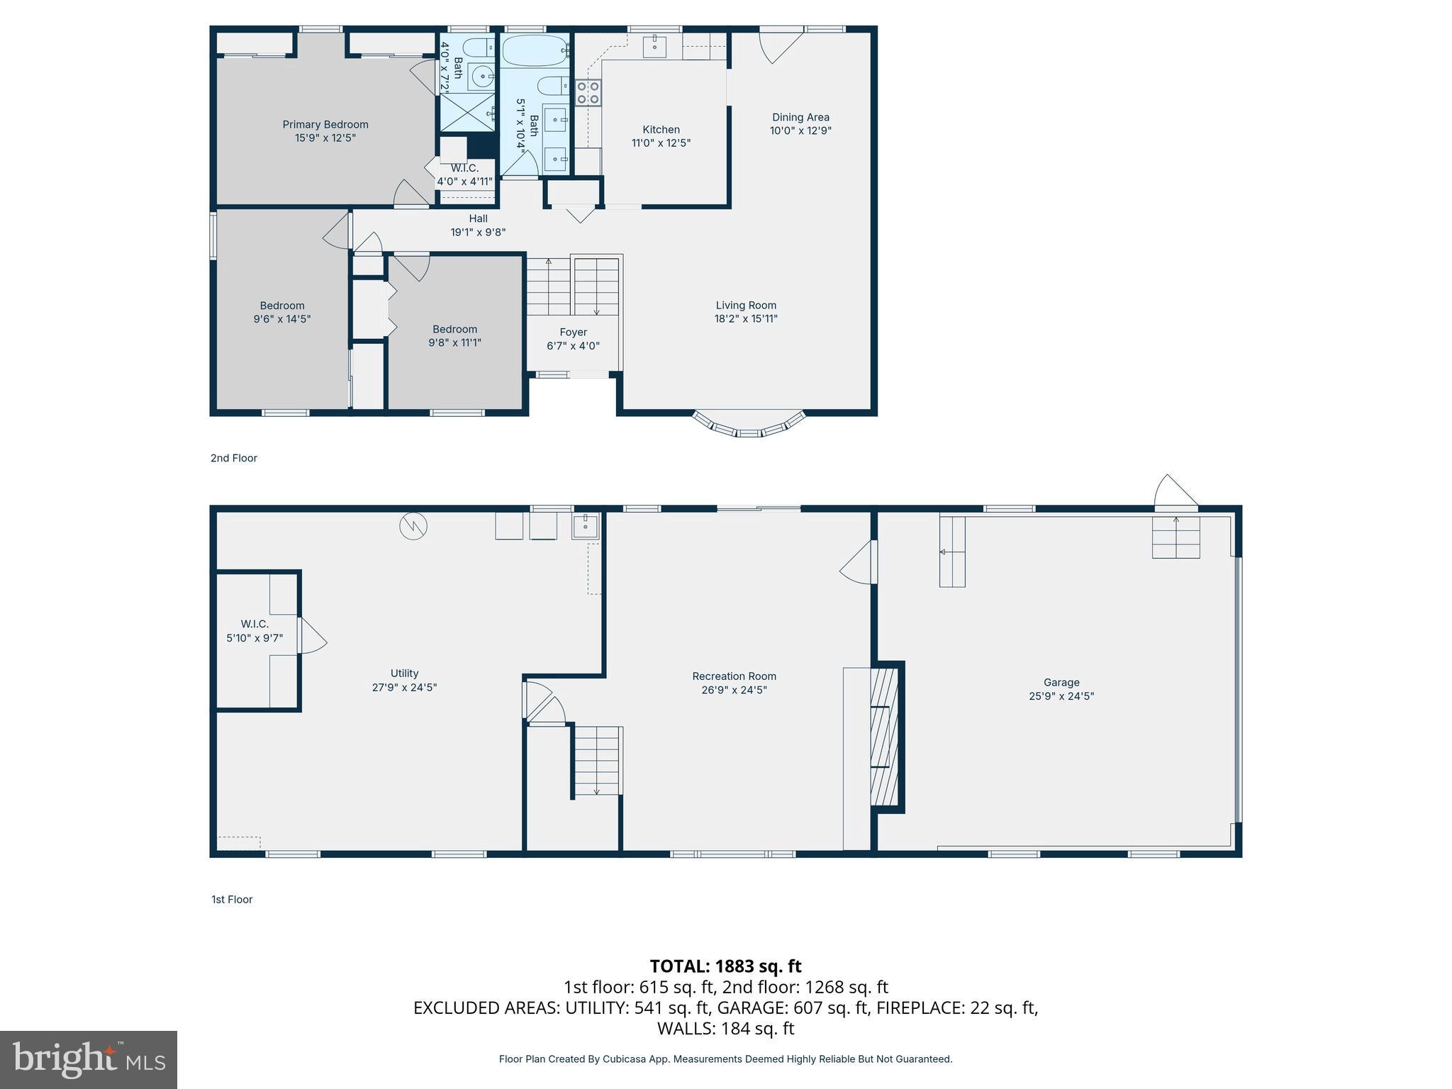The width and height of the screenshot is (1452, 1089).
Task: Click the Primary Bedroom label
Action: tap(325, 125)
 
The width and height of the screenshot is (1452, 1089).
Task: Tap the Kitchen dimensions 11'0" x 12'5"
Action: tap(661, 143)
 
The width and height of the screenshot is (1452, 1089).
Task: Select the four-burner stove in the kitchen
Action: tap(588, 93)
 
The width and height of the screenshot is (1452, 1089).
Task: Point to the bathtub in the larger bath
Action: tap(535, 50)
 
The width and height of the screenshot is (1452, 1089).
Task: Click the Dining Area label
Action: tap(800, 118)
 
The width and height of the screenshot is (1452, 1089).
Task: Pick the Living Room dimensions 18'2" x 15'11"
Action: tap(746, 319)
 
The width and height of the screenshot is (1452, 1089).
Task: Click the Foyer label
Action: tap(573, 333)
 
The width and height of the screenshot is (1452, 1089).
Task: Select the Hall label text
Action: tap(478, 219)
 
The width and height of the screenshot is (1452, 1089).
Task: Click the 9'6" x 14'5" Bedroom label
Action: tap(282, 313)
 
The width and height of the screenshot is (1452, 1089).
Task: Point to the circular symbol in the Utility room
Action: tap(413, 526)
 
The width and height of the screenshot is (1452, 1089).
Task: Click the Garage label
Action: tap(1061, 683)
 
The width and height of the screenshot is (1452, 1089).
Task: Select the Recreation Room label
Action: tap(734, 676)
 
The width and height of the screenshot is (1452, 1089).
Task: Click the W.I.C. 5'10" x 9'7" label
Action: tap(255, 631)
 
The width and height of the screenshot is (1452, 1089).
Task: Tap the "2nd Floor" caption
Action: tap(234, 458)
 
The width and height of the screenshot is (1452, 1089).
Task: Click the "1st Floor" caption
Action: tap(232, 900)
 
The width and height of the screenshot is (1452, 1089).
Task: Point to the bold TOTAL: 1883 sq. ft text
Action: tap(725, 966)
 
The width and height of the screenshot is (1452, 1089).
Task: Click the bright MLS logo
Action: tap(89, 1059)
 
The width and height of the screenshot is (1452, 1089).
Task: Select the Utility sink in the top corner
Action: tap(586, 526)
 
